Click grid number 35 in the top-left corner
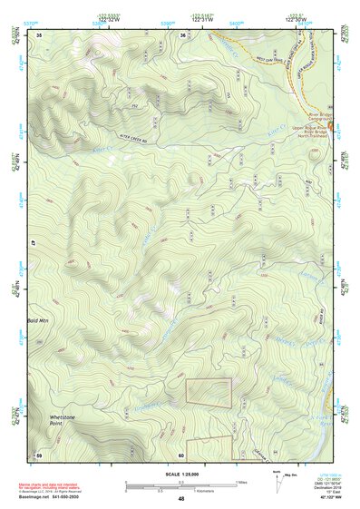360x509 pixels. (x=39, y=34)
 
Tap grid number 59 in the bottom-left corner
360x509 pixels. (x=39, y=454)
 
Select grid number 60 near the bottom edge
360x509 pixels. (x=181, y=455)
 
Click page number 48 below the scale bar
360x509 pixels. (x=181, y=499)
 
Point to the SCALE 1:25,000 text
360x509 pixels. (x=180, y=473)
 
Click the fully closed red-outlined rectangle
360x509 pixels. (x=209, y=392)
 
